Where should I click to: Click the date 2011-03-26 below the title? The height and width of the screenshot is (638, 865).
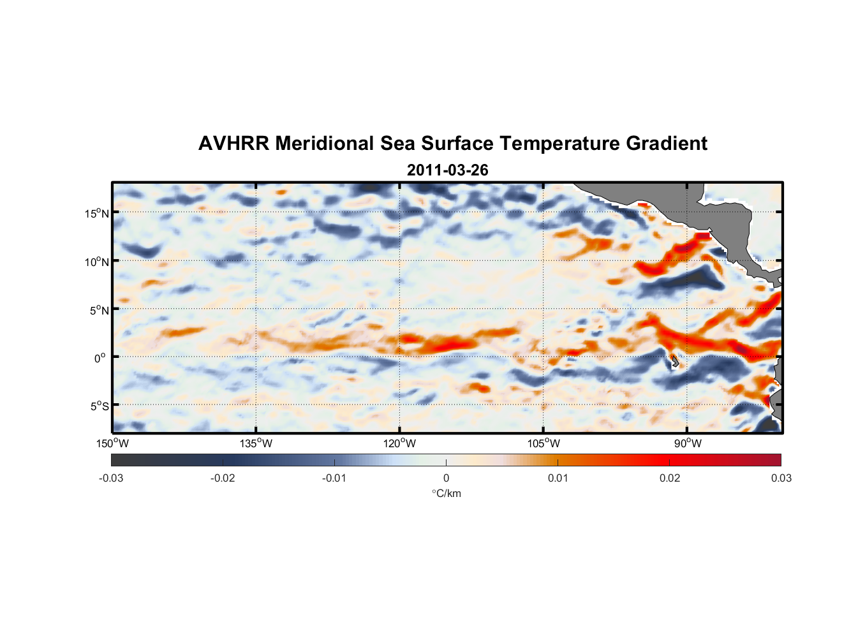click(x=447, y=170)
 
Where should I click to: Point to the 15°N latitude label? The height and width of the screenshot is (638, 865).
click(x=97, y=213)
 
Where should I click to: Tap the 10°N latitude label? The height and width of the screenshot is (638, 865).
click(x=97, y=262)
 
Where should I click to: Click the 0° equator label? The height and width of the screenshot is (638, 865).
click(x=100, y=358)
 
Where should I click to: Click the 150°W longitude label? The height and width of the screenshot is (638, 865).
click(x=112, y=443)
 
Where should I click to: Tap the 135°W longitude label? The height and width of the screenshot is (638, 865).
click(x=256, y=443)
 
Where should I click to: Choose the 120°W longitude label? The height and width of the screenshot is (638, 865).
click(x=399, y=443)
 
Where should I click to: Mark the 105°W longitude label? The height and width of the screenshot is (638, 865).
click(x=543, y=443)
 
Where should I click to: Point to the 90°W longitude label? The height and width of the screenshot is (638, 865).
click(x=688, y=443)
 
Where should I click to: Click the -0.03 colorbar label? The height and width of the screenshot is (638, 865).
click(x=111, y=478)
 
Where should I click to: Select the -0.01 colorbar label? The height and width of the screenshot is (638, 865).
click(x=334, y=478)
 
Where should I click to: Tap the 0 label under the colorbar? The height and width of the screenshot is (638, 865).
click(x=446, y=478)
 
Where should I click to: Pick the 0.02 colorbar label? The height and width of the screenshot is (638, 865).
click(x=670, y=478)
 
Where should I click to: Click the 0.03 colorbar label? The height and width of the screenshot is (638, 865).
click(x=781, y=478)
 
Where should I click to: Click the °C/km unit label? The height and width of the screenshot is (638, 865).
click(x=446, y=493)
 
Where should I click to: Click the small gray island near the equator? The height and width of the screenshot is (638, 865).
click(x=675, y=362)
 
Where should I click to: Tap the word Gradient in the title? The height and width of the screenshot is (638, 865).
click(x=667, y=144)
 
